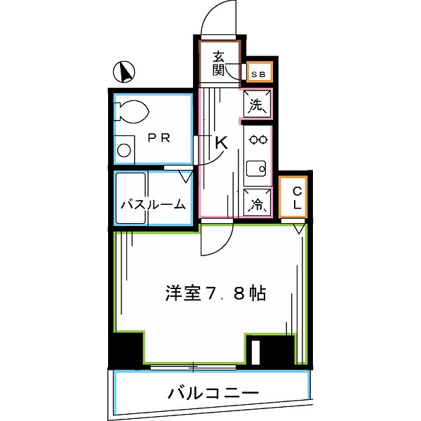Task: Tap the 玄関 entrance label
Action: [218, 63]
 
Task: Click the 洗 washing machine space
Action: [257, 106]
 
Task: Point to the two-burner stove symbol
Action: [258, 140]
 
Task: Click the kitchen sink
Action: [258, 168]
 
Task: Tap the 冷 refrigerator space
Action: [257, 204]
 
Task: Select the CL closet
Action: [296, 197]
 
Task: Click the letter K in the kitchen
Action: [221, 143]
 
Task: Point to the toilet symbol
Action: [133, 110]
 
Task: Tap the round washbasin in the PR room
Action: [124, 150]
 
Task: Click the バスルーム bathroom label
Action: [153, 205]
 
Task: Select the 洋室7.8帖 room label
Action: [216, 293]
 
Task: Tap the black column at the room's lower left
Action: [126, 349]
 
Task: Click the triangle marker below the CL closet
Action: [298, 228]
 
